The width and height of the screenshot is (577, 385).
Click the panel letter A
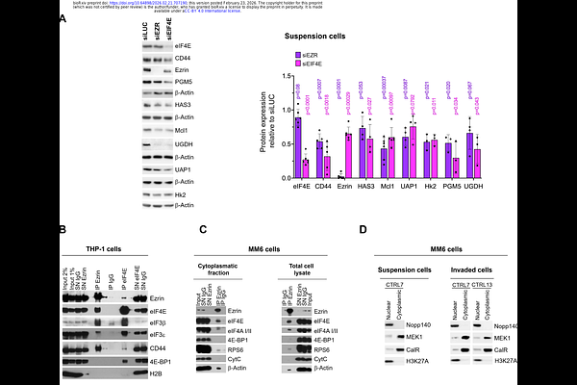pyautogui.click(x=63, y=18)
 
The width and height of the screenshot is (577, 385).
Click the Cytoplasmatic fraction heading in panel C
pyautogui.click(x=221, y=257)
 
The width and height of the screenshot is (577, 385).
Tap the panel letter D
pyautogui.click(x=362, y=230)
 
